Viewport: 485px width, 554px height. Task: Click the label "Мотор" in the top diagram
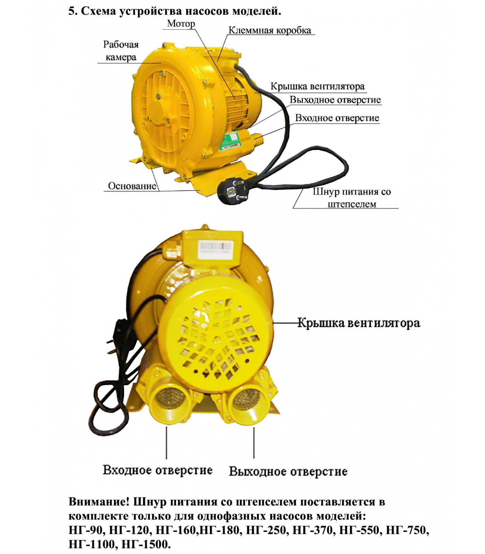[181, 24]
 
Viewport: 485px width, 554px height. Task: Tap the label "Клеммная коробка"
[270, 30]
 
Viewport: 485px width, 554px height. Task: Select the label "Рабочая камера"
[121, 51]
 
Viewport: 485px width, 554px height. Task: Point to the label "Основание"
[132, 186]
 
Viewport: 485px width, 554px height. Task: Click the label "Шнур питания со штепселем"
[352, 198]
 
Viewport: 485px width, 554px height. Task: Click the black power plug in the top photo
[233, 191]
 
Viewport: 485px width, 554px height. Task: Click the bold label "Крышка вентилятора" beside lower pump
[359, 323]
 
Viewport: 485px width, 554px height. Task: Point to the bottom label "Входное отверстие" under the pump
[158, 470]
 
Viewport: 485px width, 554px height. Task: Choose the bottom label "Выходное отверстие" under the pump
[288, 471]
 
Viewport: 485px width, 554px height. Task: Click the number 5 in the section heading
[71, 11]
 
